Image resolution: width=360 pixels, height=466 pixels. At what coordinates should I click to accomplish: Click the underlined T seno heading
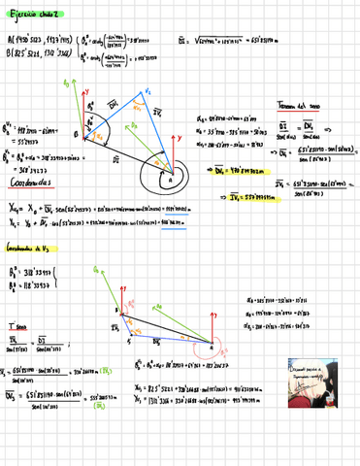pos(16,327)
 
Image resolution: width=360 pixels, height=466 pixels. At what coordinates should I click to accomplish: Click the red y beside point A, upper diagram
pos(222,140)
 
